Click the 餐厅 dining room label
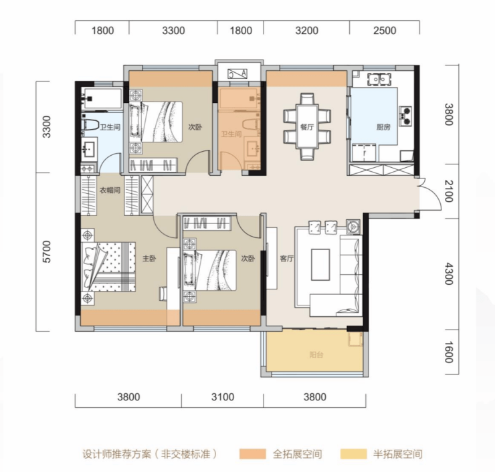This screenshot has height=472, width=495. (307, 127)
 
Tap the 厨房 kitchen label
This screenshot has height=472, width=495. (383, 127)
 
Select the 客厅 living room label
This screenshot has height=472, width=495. (287, 259)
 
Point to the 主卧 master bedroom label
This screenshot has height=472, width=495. (149, 259)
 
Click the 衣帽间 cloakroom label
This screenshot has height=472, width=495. (110, 191)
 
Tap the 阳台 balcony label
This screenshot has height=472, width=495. (316, 354)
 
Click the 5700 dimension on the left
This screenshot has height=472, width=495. (46, 252)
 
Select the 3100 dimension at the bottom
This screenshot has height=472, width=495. (223, 396)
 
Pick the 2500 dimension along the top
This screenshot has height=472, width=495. (385, 31)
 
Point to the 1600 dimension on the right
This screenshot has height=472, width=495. (449, 352)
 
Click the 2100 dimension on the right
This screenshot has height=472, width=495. (449, 191)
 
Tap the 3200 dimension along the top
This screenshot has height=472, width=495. (307, 31)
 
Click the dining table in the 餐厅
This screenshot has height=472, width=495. (307, 127)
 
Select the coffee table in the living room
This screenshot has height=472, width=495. (320, 265)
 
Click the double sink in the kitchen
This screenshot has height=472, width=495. (379, 79)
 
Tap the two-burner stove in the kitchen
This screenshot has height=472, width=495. (405, 116)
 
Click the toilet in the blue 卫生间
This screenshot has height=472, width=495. (90, 124)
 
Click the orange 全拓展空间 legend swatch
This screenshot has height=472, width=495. (253, 454)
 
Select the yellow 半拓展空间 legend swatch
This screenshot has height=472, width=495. (354, 454)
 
